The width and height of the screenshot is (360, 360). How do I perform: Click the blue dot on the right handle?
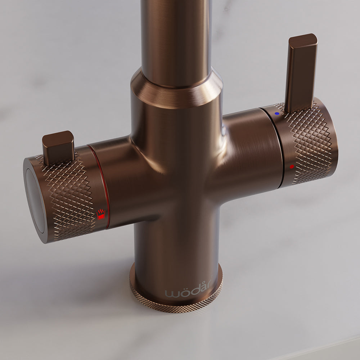click(x=276, y=113)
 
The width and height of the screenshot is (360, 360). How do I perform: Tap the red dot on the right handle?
click(x=292, y=167)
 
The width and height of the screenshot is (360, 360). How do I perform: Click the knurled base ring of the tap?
click(x=176, y=305)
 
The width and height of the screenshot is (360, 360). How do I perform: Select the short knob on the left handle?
click(x=58, y=148)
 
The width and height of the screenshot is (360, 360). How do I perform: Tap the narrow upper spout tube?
click(x=176, y=36)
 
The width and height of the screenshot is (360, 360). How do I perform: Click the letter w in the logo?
click(x=171, y=293)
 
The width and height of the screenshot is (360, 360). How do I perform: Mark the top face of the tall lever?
click(x=303, y=41)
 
